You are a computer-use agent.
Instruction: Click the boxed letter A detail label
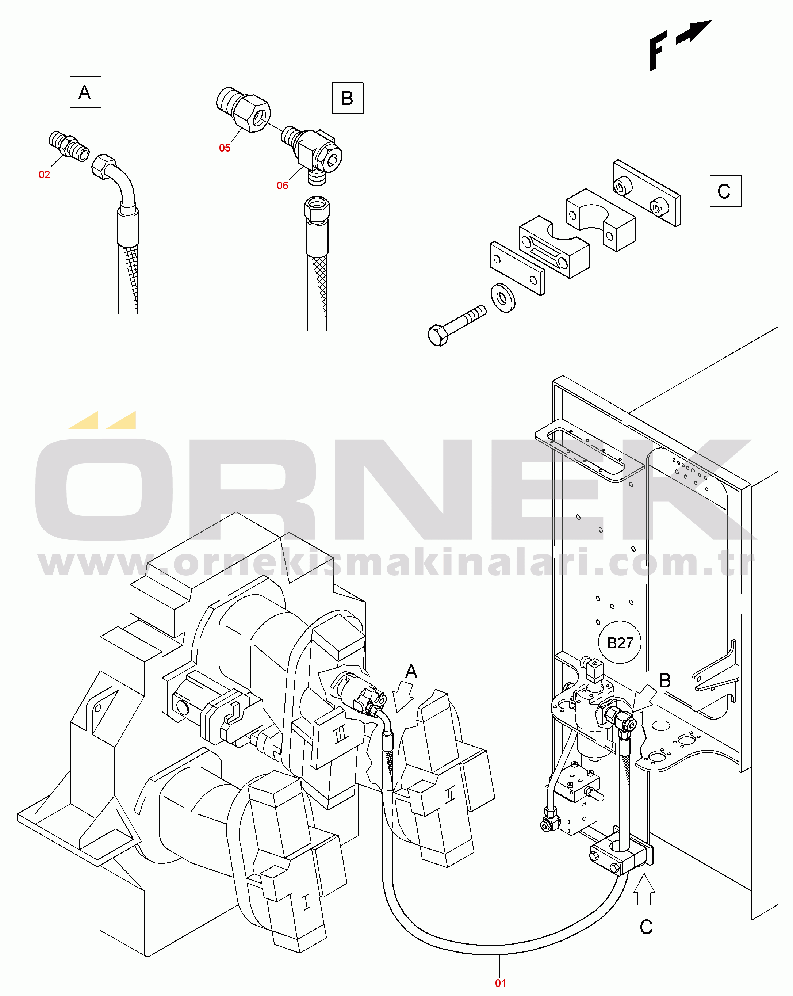[85, 92]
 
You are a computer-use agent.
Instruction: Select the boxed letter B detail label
[347, 98]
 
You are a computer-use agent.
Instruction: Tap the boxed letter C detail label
[725, 191]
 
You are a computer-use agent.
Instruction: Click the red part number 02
[44, 175]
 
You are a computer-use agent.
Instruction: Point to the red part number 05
[225, 148]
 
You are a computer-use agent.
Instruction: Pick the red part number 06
[283, 186]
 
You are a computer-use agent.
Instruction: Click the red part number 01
[501, 983]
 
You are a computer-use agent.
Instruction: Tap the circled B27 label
[620, 642]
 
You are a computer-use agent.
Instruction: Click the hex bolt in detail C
[457, 325]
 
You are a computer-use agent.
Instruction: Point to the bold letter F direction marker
[658, 51]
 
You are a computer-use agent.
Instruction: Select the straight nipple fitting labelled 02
[69, 146]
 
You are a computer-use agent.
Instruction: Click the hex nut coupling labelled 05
[244, 110]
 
